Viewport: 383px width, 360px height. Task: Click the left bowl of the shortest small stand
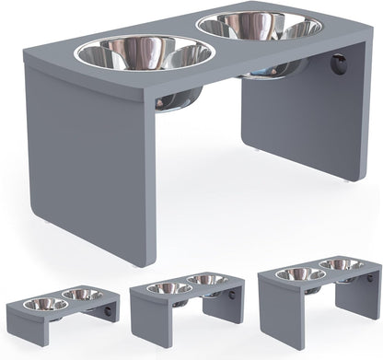pyautogui.click(x=45, y=304)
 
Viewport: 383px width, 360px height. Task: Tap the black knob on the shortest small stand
pyautogui.click(x=113, y=313)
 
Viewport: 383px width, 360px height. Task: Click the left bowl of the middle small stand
pyautogui.click(x=169, y=288)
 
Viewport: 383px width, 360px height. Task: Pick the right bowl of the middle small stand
pyautogui.click(x=207, y=279)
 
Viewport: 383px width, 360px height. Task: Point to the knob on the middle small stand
pyautogui.click(x=240, y=296)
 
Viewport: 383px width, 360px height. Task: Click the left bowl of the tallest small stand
pyautogui.click(x=300, y=274)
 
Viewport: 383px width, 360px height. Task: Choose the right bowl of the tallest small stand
pyautogui.click(x=341, y=264)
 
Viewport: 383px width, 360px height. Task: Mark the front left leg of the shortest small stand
pyautogui.click(x=24, y=331)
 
